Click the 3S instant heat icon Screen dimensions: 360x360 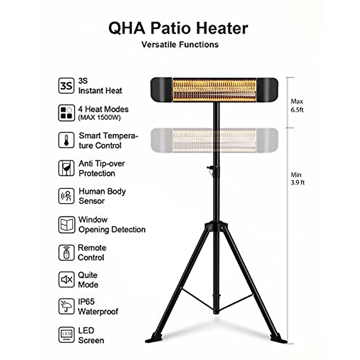66,85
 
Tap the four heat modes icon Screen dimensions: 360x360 66,113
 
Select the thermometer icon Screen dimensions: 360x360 66,140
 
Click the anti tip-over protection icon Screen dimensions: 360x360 66,168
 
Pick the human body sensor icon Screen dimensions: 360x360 66,196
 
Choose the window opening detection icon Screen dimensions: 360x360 66,224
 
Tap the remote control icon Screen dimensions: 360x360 66,253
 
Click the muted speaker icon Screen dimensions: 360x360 66,280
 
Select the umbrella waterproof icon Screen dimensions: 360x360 66,306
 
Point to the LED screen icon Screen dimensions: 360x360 66,335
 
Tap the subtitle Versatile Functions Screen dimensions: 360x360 180,44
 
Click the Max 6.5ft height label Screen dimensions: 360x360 297,106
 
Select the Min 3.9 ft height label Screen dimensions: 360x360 297,178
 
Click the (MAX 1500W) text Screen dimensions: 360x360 99,118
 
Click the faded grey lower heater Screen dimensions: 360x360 214,140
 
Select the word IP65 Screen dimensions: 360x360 86,301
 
